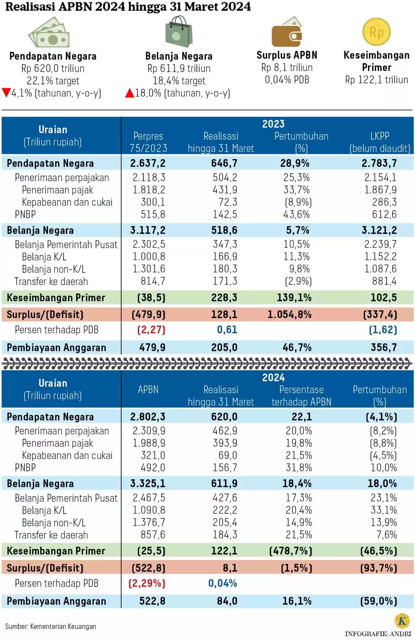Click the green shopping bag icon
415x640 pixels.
(179, 32)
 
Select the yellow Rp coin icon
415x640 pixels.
(377, 32)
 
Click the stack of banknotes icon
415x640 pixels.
(49, 32)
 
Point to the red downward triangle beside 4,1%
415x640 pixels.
(6, 92)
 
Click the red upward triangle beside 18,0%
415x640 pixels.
(130, 93)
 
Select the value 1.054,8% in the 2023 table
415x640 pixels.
(289, 314)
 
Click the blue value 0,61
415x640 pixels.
(227, 330)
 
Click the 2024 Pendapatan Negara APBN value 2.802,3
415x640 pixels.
(148, 416)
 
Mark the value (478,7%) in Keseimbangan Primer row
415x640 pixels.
(290, 551)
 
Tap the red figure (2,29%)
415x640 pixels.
(147, 584)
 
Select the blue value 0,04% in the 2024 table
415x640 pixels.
(223, 584)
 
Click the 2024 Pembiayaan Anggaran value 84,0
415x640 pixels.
(227, 601)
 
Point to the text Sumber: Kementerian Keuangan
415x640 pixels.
(50, 626)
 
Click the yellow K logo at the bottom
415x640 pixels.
(403, 621)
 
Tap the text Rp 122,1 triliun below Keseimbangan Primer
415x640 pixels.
(377, 80)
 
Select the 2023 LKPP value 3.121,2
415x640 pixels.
(379, 230)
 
